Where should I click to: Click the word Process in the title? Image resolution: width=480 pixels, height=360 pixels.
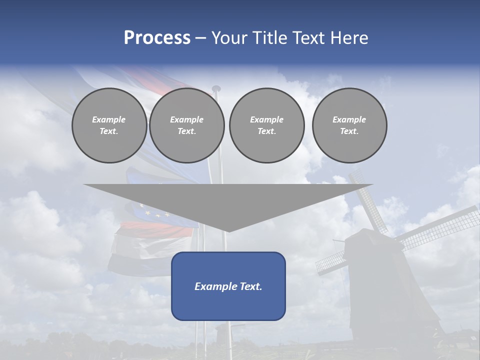coord(157,38)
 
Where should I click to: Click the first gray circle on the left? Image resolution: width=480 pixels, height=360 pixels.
coord(109,125)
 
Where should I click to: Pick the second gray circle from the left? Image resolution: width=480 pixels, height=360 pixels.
coord(186,125)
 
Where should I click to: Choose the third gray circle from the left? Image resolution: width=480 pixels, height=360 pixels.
coord(266,125)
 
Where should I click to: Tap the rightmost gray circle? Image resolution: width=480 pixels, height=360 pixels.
coord(349,125)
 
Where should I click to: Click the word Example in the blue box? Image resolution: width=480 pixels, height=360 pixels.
coord(212,286)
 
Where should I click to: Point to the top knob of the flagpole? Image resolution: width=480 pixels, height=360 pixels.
coord(216,88)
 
